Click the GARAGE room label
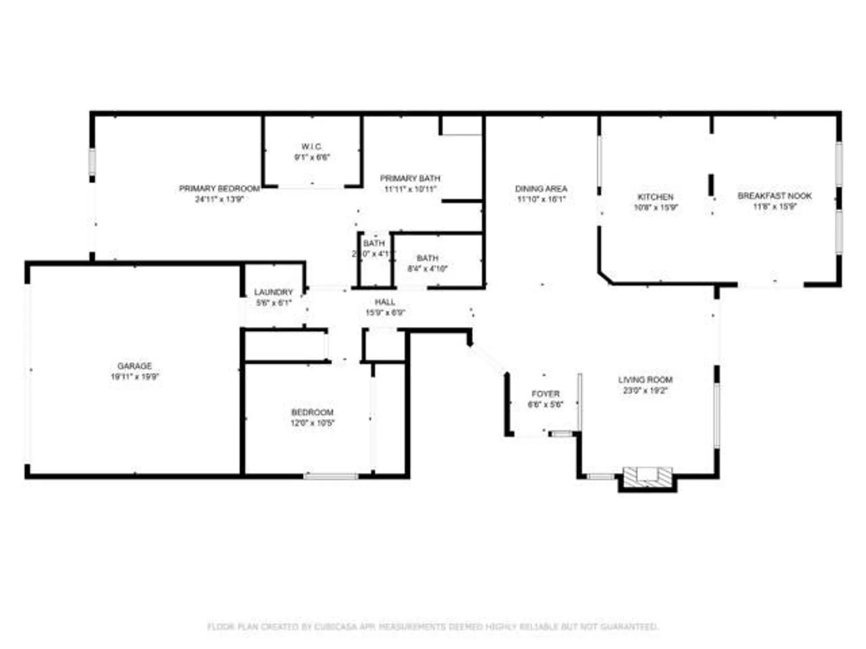coord(134,366)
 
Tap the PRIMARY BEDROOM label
coord(219,189)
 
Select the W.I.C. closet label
coord(312,147)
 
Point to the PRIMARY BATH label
coord(410,178)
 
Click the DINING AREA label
coord(541,189)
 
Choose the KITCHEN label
coord(655,197)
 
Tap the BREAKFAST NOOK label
coord(775,196)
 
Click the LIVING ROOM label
coord(645,380)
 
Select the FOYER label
coord(546,394)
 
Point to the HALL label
coord(385,302)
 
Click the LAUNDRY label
coord(273,292)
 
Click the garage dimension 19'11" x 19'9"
coord(135,377)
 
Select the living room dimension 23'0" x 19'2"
coord(645,391)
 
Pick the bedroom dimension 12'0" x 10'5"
coord(312,423)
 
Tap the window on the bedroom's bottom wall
coord(331,476)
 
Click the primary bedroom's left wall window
coord(92,162)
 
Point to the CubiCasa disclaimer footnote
coord(433,627)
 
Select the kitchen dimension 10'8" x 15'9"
coord(656,208)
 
